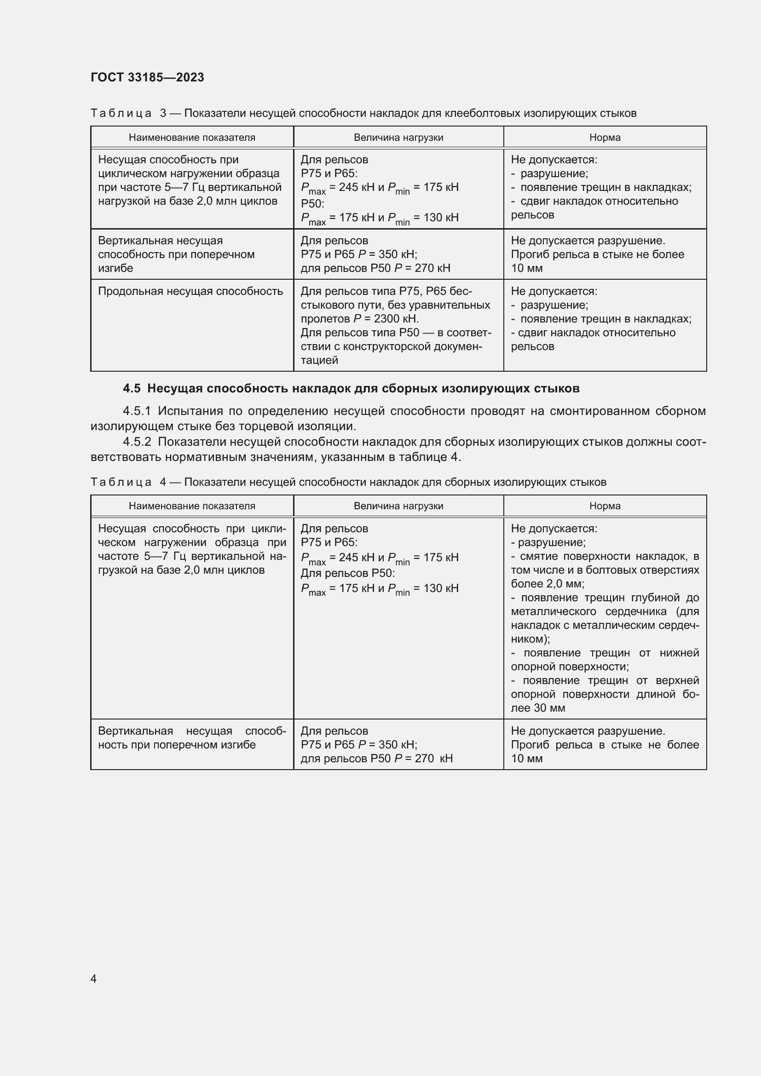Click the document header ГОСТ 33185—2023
coord(147,77)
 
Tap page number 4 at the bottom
coord(93,978)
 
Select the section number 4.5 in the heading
coord(132,389)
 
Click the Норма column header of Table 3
coord(605,137)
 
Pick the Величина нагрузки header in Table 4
coord(398,506)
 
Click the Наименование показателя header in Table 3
coord(192,137)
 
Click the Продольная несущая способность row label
coord(190,291)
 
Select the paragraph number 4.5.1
coord(137,411)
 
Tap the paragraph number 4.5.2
coord(137,442)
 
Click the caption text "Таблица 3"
coord(127,114)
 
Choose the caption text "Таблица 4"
coord(127,482)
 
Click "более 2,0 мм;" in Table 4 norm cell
coord(548,584)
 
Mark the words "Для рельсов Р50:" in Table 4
coord(348,573)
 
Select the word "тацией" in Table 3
coord(320,360)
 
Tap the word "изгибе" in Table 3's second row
coord(115,268)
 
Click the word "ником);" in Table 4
coord(530,639)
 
